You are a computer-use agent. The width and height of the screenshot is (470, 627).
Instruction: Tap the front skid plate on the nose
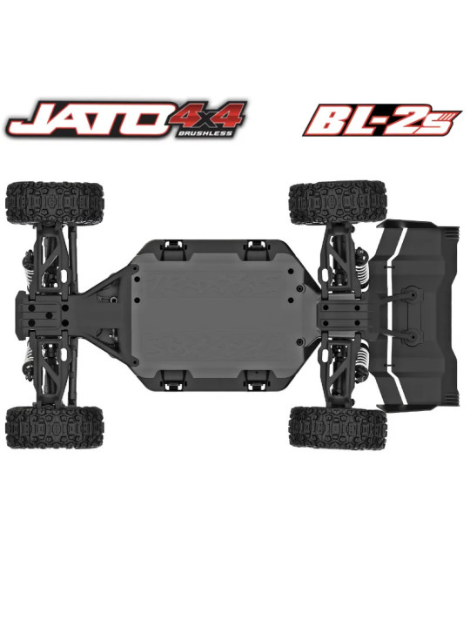pos(44,313)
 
